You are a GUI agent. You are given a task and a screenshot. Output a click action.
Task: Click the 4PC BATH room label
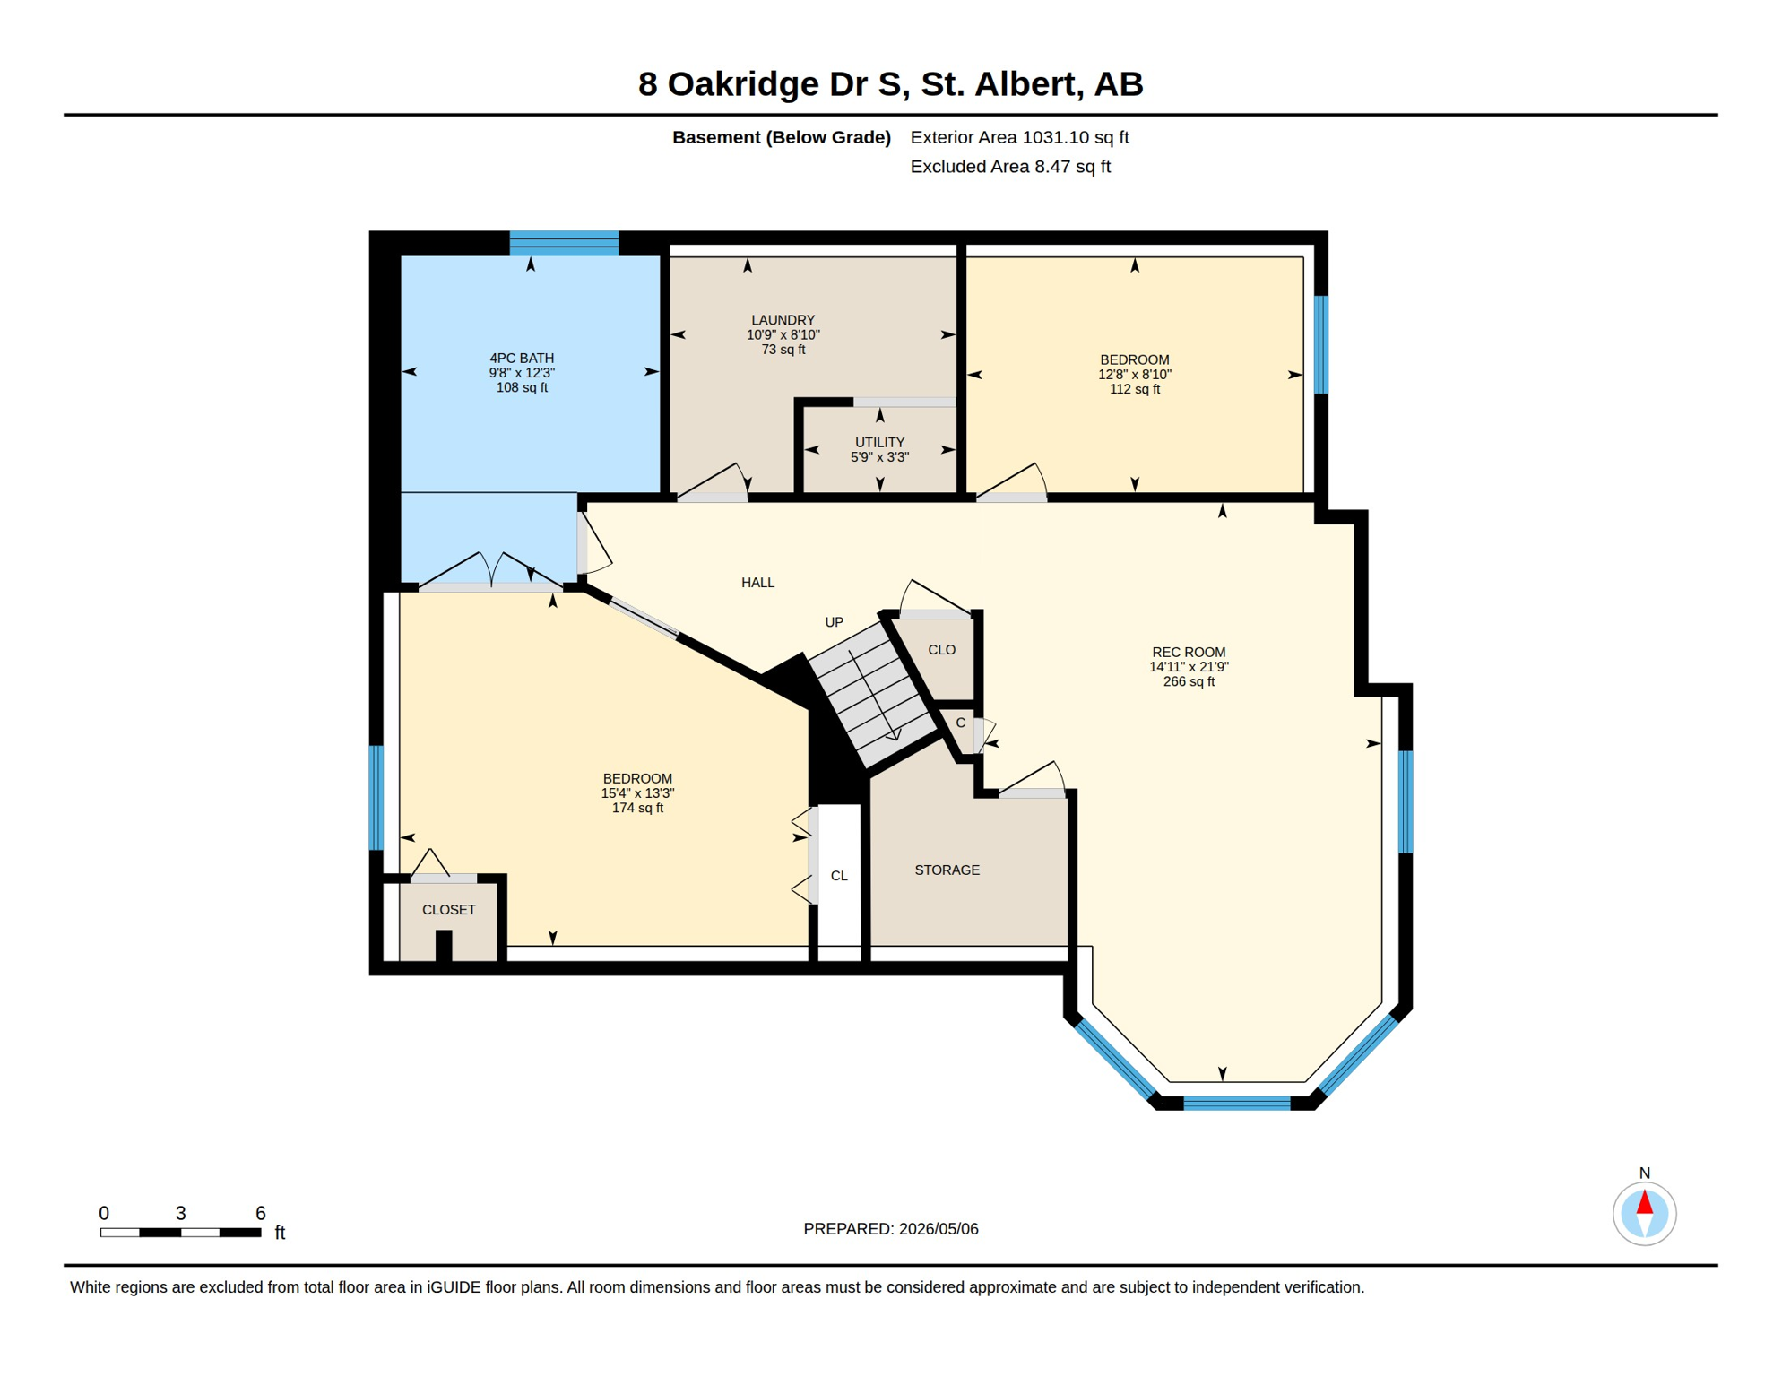[522, 358]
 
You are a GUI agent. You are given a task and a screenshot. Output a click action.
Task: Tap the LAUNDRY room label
[783, 320]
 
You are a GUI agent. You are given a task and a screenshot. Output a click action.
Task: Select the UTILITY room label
[879, 442]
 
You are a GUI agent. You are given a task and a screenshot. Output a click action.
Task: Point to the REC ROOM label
[1189, 652]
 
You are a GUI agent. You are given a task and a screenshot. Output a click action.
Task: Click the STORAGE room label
[947, 870]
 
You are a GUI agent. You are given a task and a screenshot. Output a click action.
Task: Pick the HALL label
[757, 583]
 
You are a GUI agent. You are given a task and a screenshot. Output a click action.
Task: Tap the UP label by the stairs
[834, 622]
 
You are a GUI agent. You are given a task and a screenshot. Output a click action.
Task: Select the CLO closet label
[941, 650]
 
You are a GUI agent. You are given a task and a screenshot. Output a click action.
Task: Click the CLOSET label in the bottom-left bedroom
[448, 910]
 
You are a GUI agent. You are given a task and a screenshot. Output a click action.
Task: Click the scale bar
[180, 1233]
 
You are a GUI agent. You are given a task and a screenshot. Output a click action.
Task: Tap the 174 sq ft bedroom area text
[637, 808]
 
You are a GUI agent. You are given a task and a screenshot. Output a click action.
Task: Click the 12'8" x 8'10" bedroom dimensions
[1135, 375]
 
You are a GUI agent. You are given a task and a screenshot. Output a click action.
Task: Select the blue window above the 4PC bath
[564, 243]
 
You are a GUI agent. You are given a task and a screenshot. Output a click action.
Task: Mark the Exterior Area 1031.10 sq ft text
[1019, 137]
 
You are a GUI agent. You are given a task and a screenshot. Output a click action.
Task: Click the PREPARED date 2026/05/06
[890, 1229]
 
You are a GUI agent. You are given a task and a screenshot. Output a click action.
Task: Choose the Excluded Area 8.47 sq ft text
[1010, 167]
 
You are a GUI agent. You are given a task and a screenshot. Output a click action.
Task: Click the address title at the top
[890, 84]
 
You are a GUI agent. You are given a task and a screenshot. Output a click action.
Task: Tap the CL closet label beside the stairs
[839, 876]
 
